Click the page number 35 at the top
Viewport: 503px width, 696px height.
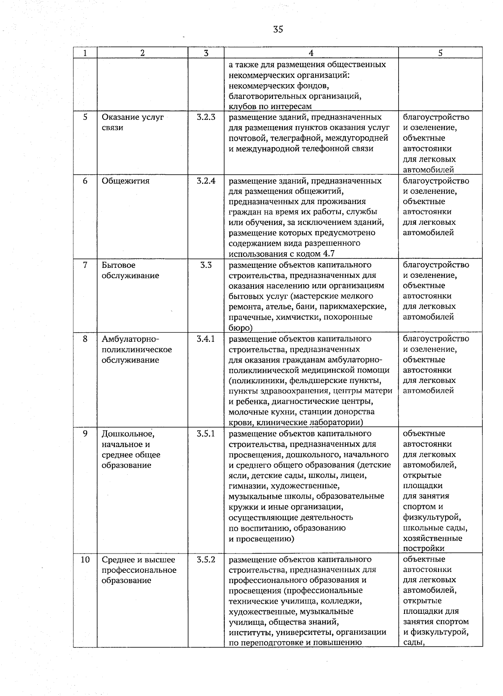(x=278, y=29)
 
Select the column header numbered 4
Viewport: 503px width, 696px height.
(x=311, y=53)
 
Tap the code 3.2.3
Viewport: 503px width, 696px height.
(x=206, y=117)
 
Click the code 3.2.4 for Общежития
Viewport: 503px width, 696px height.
(x=206, y=181)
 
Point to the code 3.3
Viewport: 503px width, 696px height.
(x=206, y=265)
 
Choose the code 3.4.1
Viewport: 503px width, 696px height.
(x=206, y=339)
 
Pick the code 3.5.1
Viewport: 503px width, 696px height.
(x=206, y=434)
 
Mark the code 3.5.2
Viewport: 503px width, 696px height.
(x=206, y=560)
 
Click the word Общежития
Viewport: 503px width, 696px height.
(x=125, y=181)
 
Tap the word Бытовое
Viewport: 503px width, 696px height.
(x=118, y=265)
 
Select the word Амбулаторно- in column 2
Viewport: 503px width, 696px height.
(x=130, y=339)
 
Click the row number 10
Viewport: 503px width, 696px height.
(x=85, y=560)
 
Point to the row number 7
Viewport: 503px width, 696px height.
(x=85, y=265)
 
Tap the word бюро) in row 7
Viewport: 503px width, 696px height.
(x=240, y=328)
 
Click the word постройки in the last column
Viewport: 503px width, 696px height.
(x=423, y=549)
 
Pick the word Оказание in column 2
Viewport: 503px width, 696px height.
(x=119, y=117)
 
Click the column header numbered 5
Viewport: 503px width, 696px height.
(x=440, y=53)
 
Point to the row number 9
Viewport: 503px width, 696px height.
(x=85, y=434)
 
